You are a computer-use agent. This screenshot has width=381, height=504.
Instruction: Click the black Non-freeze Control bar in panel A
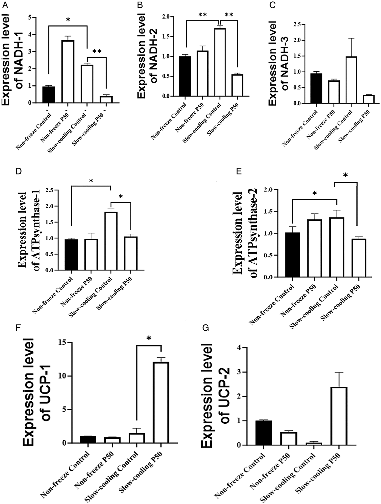pyautogui.click(x=48, y=95)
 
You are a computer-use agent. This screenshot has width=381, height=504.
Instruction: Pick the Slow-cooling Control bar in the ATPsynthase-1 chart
pyautogui.click(x=111, y=241)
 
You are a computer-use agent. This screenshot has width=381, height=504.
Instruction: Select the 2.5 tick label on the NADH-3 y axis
pyautogui.click(x=297, y=24)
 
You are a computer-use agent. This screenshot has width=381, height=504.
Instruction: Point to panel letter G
pyautogui.click(x=205, y=328)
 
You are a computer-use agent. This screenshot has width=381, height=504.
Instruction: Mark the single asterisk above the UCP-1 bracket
pyautogui.click(x=149, y=338)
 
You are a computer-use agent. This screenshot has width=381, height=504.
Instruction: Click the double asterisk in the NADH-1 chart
pyautogui.click(x=97, y=51)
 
